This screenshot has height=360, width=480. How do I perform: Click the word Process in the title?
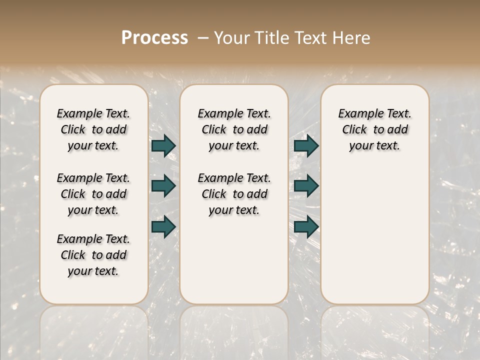tap(154, 38)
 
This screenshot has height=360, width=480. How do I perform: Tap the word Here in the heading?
tap(352, 38)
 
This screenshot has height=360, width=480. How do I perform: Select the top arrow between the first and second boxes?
tap(163, 146)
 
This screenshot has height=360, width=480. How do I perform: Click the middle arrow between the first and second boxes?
tap(163, 186)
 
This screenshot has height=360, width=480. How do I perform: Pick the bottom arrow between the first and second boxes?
tap(163, 227)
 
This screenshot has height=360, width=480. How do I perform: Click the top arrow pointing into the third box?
tap(306, 146)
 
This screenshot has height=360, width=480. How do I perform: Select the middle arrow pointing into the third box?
tap(306, 186)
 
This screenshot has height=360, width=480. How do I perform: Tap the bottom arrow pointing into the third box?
tap(306, 227)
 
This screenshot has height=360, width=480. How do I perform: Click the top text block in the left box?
tap(93, 129)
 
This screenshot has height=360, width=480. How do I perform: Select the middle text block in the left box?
tap(93, 194)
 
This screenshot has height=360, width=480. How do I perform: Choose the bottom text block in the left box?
tap(93, 255)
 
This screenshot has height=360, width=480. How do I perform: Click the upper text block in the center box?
tap(234, 129)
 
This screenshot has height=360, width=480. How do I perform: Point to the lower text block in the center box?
tap(234, 194)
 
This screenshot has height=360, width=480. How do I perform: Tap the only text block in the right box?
tap(374, 129)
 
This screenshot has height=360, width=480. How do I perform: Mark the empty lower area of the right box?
tap(374, 230)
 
